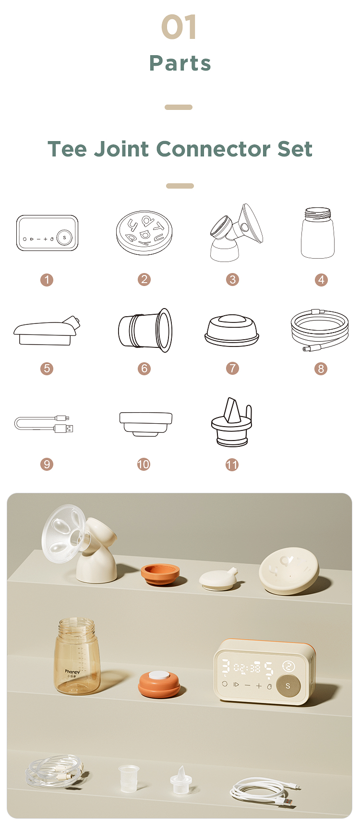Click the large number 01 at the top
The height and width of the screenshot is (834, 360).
(x=179, y=27)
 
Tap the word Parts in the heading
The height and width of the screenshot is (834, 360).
(x=180, y=63)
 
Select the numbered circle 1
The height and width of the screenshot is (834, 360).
(x=47, y=280)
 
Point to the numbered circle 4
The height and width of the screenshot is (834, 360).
(x=321, y=280)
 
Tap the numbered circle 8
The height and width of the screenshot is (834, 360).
(x=321, y=369)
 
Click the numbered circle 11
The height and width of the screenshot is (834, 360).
(x=232, y=465)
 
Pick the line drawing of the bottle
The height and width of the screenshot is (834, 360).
(x=317, y=233)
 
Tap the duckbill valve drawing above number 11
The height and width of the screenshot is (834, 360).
(x=231, y=422)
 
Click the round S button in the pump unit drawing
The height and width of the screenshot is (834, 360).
(x=64, y=238)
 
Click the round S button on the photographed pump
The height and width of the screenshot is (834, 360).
(x=288, y=686)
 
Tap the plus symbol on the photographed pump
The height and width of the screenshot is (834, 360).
(x=259, y=686)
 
